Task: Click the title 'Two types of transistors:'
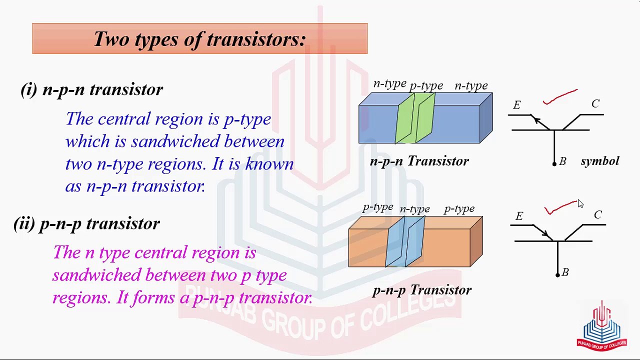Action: pos(199,39)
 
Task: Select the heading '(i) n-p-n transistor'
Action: pos(92,89)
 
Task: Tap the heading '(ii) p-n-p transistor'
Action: pos(87,223)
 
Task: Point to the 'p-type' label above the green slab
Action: pos(426,86)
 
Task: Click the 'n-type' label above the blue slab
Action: pos(414,209)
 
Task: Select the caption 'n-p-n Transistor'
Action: pos(419,161)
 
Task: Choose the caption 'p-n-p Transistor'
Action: pos(421,290)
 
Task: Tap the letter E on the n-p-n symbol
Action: pos(516,105)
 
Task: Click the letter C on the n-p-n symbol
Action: pos(595,103)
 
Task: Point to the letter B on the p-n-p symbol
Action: pos(565,272)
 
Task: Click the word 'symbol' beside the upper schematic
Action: pos(599,161)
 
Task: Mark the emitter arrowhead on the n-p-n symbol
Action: pos(535,119)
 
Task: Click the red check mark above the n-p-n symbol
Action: pos(560,96)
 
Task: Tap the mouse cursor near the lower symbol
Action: pos(580,203)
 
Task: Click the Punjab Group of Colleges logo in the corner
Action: pos(601,325)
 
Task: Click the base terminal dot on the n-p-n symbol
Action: pos(554,163)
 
